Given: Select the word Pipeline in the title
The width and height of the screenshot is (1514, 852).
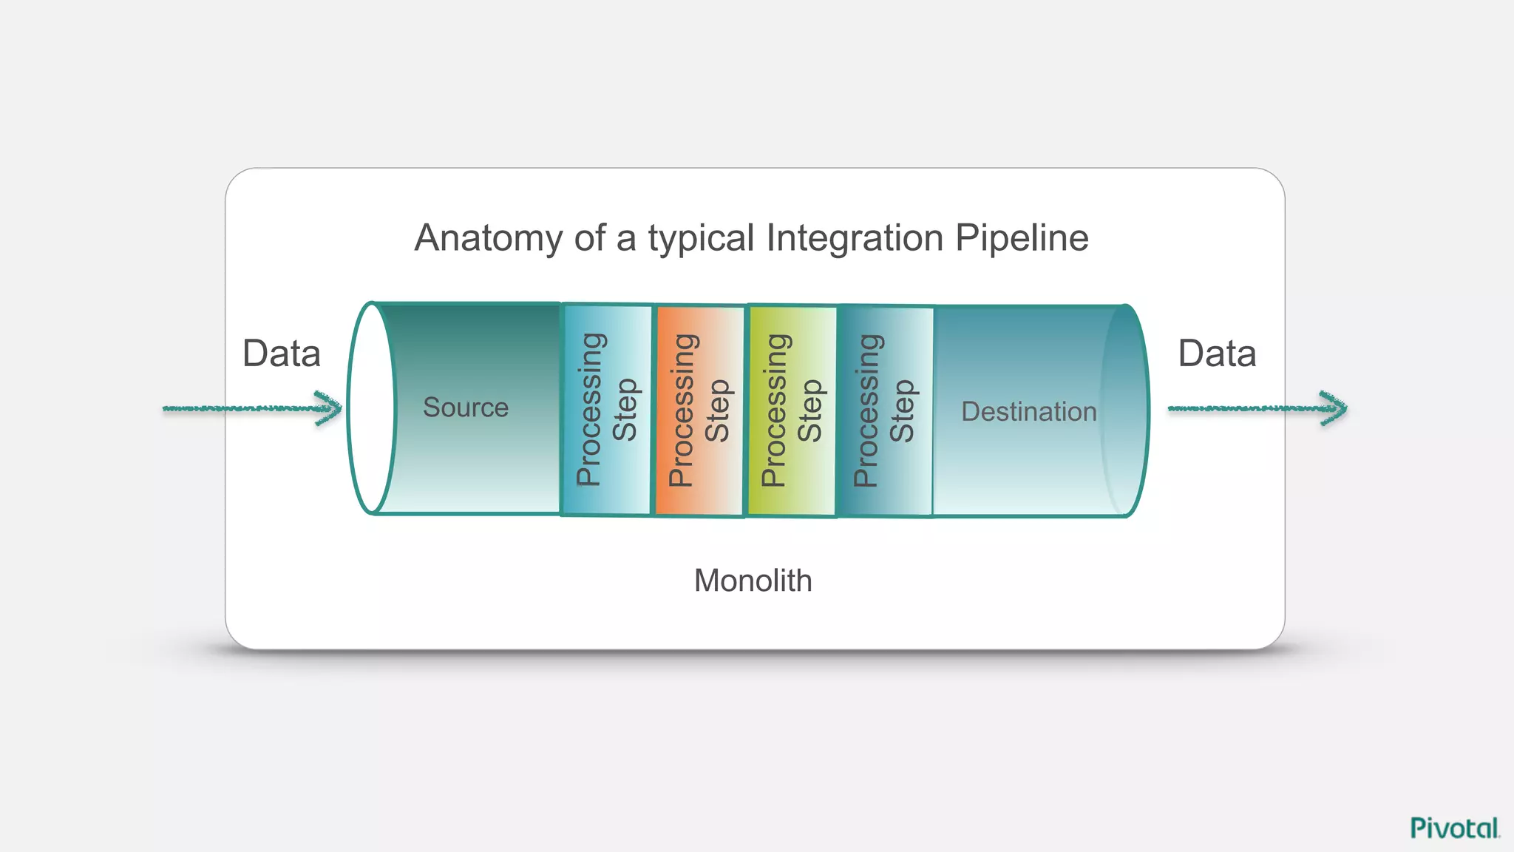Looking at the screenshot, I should click(x=1021, y=238).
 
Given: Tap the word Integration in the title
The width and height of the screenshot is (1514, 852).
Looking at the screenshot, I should click(x=854, y=238).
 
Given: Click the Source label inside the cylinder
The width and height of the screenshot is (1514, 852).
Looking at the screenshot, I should click(x=466, y=408).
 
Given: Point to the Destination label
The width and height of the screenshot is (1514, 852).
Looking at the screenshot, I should click(x=1028, y=412).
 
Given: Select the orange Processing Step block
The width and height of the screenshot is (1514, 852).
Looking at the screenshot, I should click(x=699, y=410).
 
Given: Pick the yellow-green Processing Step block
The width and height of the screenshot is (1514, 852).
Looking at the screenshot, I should click(x=792, y=410).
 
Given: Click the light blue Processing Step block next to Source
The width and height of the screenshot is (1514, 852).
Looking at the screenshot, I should click(x=607, y=410).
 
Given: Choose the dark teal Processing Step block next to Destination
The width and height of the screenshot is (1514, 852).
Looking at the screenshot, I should click(x=885, y=410).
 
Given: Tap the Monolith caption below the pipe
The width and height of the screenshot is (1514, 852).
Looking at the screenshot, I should click(x=753, y=581).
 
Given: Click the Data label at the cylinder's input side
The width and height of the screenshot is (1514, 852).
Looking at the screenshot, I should click(x=282, y=354).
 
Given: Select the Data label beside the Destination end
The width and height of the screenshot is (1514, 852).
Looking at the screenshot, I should click(x=1217, y=354).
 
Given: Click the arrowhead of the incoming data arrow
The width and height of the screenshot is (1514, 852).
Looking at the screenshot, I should click(x=330, y=408).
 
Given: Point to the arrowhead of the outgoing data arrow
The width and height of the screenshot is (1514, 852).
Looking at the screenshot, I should click(x=1335, y=408).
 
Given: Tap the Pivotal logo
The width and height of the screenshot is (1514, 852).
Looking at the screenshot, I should click(x=1454, y=828).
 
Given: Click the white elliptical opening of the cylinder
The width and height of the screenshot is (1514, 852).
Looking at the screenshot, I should click(x=371, y=408).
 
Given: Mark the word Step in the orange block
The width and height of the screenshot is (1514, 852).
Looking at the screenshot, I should click(x=718, y=410).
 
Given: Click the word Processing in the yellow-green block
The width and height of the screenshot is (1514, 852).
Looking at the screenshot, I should click(x=773, y=410).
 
